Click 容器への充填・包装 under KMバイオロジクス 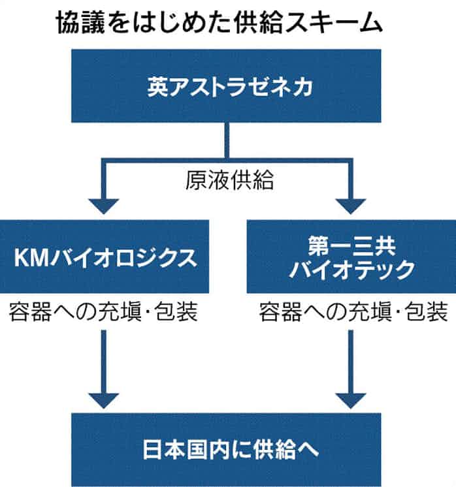(x=105, y=311)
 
